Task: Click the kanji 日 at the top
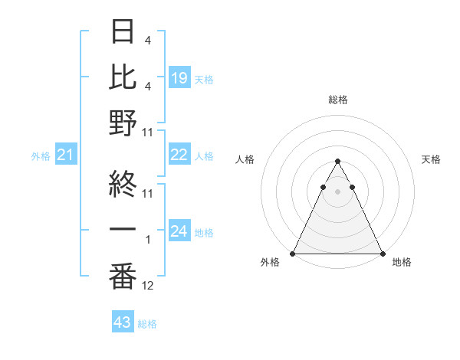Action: [123, 32]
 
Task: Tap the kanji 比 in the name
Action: [123, 77]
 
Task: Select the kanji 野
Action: [123, 123]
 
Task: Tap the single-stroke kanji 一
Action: [123, 231]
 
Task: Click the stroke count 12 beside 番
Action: [148, 286]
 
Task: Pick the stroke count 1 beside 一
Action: [148, 240]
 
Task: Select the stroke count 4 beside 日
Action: [148, 41]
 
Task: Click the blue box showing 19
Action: [179, 78]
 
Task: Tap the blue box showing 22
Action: [179, 155]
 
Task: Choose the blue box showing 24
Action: [179, 231]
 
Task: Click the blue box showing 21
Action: [66, 155]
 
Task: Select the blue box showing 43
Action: [123, 322]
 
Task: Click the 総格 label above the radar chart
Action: [338, 100]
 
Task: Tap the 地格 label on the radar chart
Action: [402, 263]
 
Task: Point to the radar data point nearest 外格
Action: [294, 254]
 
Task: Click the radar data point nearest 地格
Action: [383, 254]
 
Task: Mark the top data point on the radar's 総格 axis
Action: [338, 162]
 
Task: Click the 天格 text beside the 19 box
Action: [204, 79]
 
